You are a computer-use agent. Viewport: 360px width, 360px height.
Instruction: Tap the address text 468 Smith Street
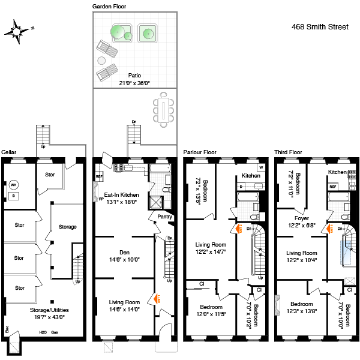click(x=317, y=26)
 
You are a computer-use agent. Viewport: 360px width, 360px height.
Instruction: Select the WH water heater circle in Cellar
click(x=13, y=184)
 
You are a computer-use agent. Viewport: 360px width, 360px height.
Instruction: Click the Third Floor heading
click(x=288, y=152)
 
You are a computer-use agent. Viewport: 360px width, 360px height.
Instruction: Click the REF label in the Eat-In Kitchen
click(x=99, y=177)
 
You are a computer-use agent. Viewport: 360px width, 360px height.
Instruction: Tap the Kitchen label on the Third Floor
click(x=337, y=172)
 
